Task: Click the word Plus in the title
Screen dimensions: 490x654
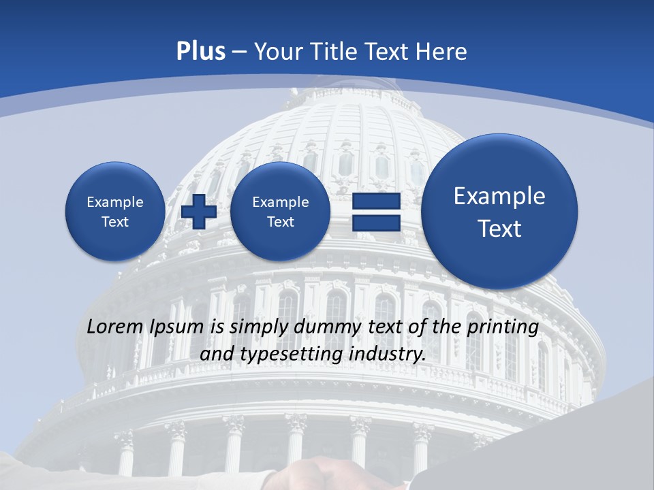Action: click(200, 52)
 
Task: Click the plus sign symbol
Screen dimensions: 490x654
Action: click(199, 212)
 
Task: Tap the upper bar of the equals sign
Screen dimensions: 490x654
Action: click(376, 201)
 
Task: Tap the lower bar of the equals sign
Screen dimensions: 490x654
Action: click(376, 223)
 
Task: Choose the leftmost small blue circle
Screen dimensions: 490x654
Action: click(115, 212)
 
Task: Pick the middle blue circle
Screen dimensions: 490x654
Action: click(281, 212)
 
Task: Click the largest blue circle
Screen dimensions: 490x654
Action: click(499, 212)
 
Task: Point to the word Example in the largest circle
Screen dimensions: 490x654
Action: click(499, 196)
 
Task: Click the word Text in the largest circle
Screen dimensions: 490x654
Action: click(499, 229)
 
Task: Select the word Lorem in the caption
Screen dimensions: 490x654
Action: click(115, 327)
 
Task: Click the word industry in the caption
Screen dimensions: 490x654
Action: click(389, 355)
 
